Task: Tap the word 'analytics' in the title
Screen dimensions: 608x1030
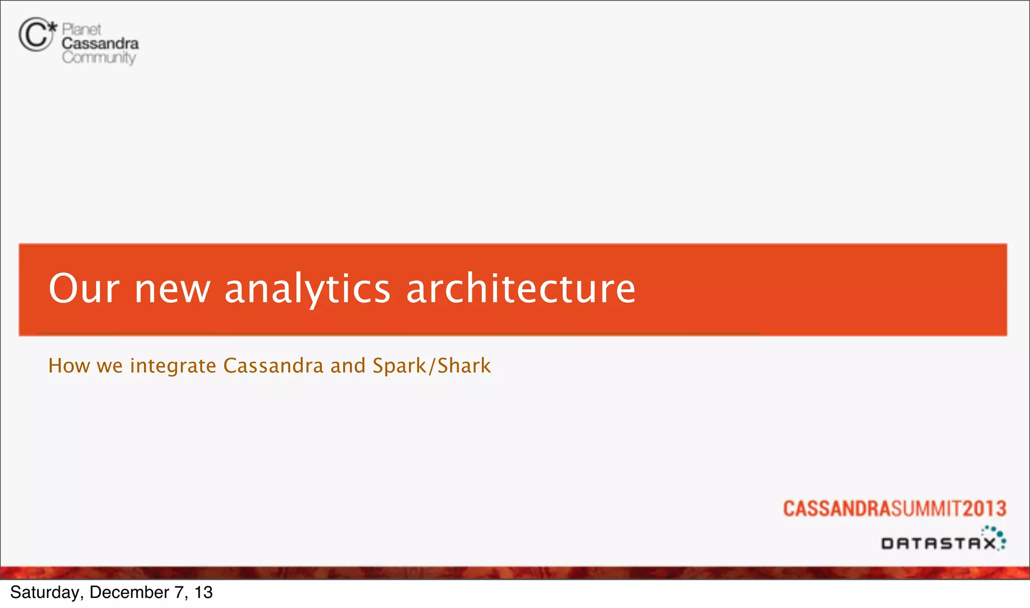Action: [x=307, y=289]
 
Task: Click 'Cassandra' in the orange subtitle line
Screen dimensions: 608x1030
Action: [x=273, y=366]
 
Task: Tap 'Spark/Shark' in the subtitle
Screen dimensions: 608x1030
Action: [x=432, y=366]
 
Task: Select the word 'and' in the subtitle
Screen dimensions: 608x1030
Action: [x=348, y=366]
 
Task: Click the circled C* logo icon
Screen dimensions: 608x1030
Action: [x=36, y=34]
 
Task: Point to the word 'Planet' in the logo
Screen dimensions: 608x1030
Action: [x=81, y=29]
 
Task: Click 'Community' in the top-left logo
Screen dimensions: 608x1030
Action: [x=99, y=57]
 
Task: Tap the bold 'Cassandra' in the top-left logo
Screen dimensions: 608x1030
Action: [x=100, y=43]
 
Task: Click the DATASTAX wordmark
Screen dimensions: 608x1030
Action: [x=938, y=543]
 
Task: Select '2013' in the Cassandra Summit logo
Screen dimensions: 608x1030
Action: [x=984, y=508]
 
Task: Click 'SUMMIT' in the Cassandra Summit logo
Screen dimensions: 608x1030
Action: [x=927, y=508]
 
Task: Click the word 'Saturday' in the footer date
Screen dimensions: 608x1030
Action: [x=44, y=592]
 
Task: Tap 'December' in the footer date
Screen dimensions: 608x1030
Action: [x=129, y=592]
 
